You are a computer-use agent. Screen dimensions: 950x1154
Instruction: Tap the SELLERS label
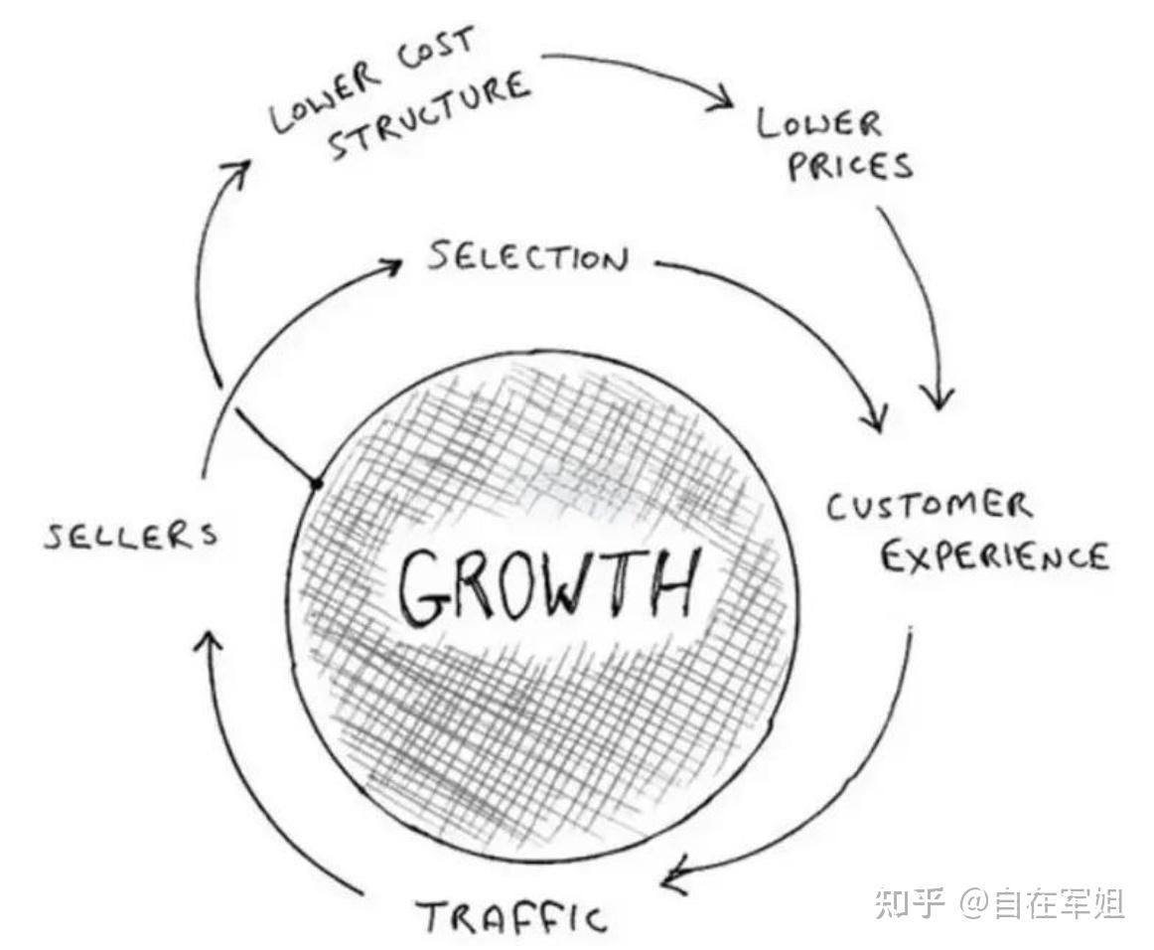click(130, 537)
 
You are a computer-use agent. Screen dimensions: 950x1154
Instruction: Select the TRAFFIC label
click(510, 915)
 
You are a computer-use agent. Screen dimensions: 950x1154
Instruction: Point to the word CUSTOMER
click(930, 507)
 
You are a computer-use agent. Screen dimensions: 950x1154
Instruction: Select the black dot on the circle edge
click(317, 484)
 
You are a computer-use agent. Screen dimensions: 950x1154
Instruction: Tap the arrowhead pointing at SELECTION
click(392, 266)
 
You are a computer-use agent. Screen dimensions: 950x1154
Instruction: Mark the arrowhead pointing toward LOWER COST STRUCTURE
click(238, 171)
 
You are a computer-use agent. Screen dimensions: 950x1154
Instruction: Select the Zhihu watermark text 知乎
click(906, 902)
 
